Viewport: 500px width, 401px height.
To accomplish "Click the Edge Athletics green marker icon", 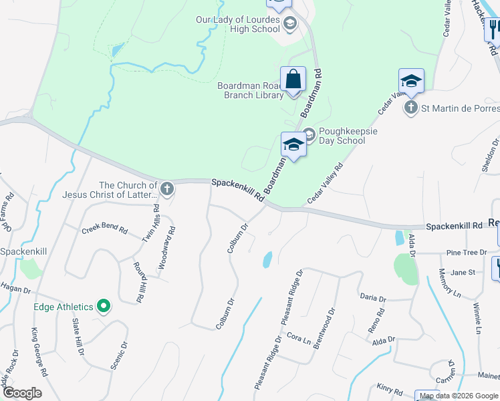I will point(103,307).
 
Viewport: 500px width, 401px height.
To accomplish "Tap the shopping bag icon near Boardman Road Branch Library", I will point(293,80).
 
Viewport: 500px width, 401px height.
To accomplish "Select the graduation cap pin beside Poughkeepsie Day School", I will point(293,144).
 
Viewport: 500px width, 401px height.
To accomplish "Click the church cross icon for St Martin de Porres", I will point(410,107).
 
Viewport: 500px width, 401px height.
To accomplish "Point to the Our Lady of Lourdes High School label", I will point(237,24).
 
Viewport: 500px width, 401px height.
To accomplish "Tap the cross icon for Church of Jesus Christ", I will point(167,189).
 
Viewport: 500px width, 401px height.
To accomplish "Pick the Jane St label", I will point(462,272).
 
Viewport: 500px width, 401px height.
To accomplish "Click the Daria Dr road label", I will point(373,298).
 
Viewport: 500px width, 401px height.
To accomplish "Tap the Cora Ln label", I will point(299,339).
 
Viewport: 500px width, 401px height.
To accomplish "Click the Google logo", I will point(22,393).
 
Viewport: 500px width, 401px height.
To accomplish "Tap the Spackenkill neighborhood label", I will point(23,251).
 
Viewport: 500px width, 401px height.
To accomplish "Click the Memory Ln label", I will point(447,283).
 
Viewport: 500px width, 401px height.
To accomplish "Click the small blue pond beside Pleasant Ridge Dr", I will point(267,259).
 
